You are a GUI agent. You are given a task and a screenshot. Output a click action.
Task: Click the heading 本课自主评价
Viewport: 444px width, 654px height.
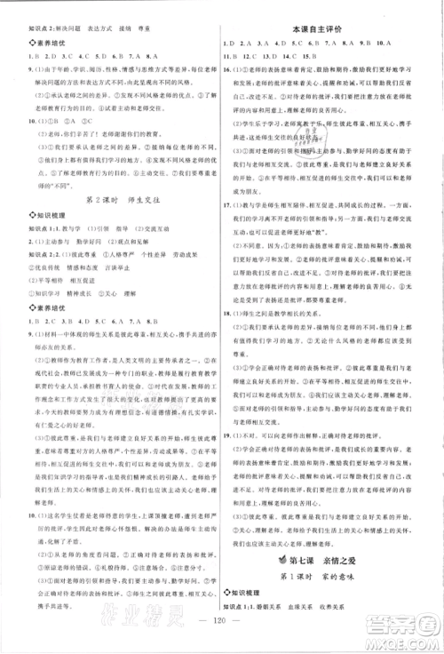coord(331,29)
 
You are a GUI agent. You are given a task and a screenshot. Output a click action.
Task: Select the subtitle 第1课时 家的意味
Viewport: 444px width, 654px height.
coord(333,575)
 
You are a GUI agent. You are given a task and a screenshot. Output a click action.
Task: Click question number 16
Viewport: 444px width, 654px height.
coord(231,68)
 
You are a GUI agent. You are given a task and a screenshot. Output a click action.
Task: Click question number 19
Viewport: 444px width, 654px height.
coord(231,435)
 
